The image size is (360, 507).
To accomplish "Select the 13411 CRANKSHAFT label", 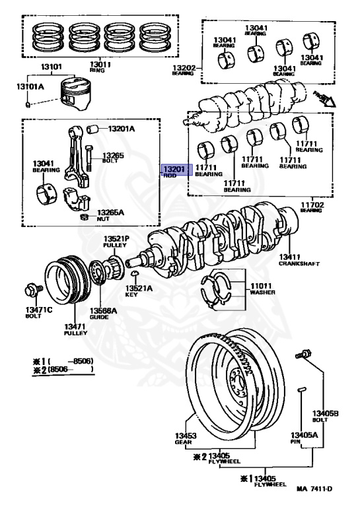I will tap(298, 259).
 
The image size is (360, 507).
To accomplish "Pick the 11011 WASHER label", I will tap(262, 288).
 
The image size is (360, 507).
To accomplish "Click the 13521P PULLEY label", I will tap(114, 241).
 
